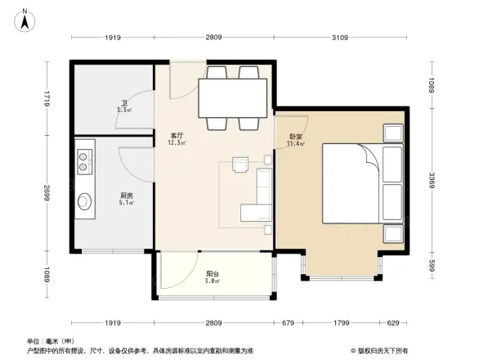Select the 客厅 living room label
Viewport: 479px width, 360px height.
point(176,136)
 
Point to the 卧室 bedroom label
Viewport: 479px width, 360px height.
point(296,137)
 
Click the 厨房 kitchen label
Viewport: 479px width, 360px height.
point(126,196)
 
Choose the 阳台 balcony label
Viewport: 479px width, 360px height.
point(211,274)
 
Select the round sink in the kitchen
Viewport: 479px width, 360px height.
point(84,200)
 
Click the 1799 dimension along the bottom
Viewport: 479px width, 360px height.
point(343,322)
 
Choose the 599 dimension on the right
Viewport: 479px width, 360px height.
point(432,266)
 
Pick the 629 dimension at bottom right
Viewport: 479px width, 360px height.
point(394,322)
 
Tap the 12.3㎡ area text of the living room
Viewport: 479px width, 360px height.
point(176,143)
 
